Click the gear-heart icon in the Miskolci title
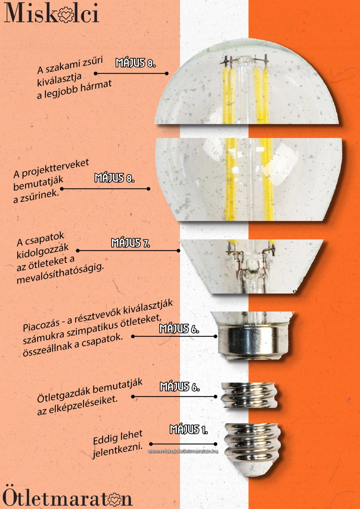[66, 14]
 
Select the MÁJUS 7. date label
[130, 243]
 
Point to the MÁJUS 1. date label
[189, 430]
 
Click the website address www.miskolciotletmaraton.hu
[183, 451]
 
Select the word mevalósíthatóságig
[60, 274]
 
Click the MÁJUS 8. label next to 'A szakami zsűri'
[136, 63]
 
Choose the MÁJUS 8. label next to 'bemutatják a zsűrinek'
[114, 178]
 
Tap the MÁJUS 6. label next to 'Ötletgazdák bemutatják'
[179, 386]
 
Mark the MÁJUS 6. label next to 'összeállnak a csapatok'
[179, 329]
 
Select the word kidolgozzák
[42, 251]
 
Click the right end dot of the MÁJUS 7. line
[178, 251]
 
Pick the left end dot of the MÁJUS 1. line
[151, 444]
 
